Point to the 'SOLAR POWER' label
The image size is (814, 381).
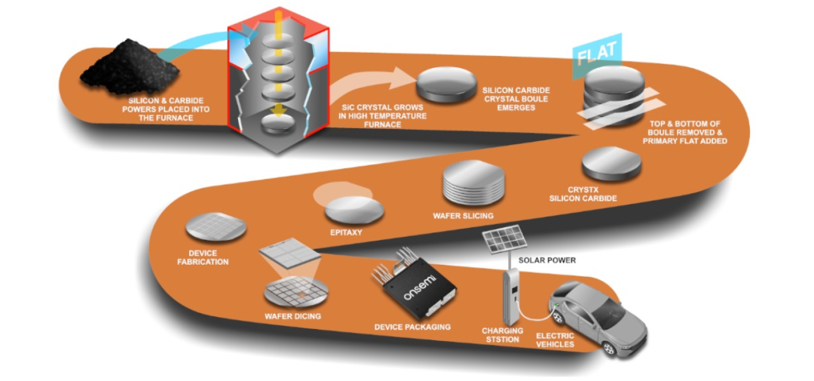point(547,260)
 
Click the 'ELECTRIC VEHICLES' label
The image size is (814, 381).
point(555,340)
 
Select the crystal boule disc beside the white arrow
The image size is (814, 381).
point(440,84)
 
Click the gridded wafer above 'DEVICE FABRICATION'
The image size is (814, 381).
point(216,226)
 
